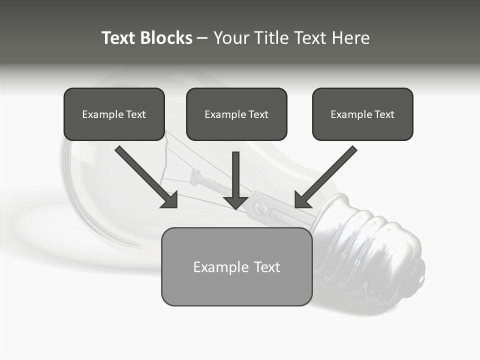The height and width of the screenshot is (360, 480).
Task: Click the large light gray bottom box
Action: click(236, 290)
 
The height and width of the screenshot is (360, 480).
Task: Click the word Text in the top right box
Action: click(384, 114)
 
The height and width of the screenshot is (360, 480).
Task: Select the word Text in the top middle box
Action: click(258, 114)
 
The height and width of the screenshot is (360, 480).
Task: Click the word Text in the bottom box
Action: click(267, 267)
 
